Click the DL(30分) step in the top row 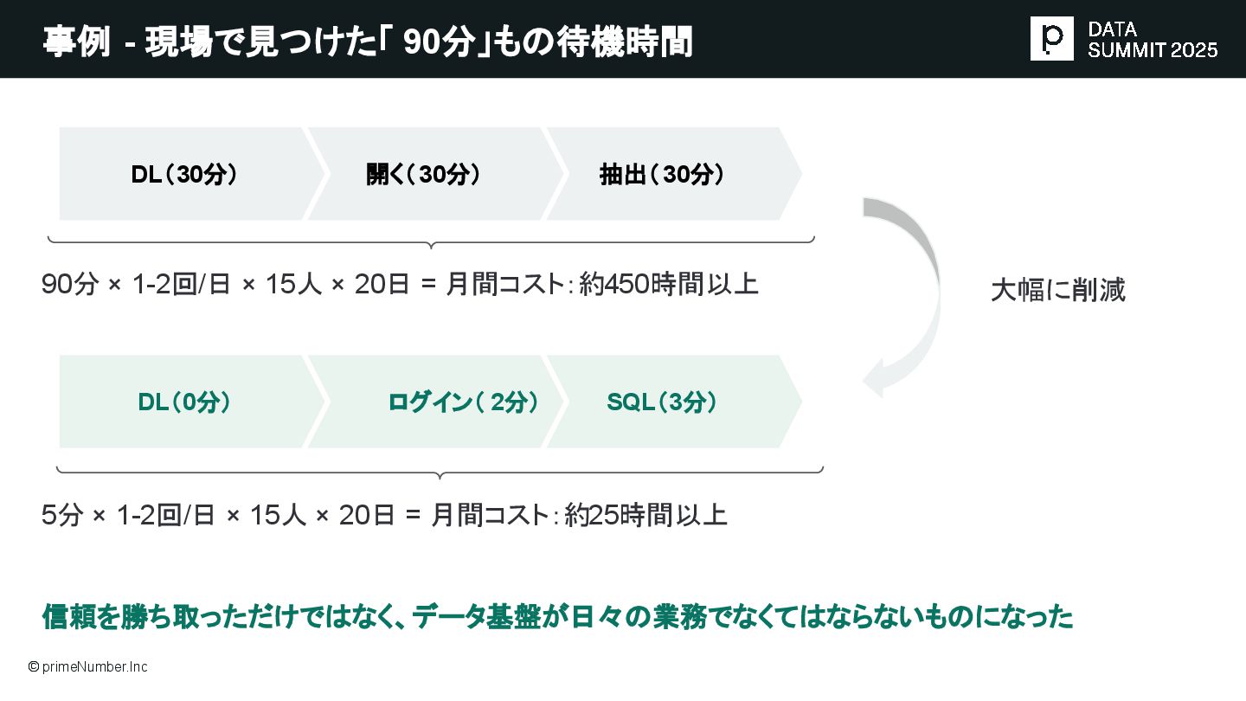[183, 175]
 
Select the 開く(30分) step [424, 175]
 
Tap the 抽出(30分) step [663, 175]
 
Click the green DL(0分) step [184, 402]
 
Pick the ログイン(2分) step [464, 402]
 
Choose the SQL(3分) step [663, 402]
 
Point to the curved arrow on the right [909, 294]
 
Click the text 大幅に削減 [1057, 291]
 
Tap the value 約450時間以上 [669, 285]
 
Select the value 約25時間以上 [645, 516]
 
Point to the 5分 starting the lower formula [61, 516]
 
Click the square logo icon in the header [1051, 38]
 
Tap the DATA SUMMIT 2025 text [1153, 40]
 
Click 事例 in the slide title [76, 42]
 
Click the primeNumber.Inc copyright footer [87, 667]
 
